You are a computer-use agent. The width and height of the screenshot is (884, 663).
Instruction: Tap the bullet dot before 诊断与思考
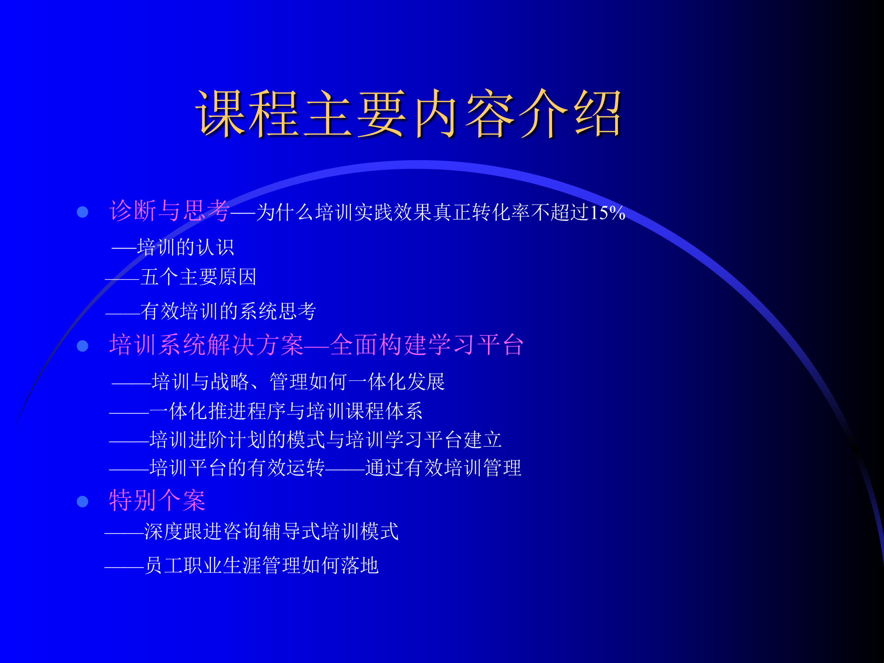coord(82,212)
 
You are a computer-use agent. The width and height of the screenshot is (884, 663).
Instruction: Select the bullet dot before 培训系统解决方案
coord(82,345)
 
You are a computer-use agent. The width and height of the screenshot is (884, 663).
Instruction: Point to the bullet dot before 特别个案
coord(82,501)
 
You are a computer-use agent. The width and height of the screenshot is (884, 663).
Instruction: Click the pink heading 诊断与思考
coord(169,211)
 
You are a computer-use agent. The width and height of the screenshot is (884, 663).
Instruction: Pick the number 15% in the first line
coord(607,213)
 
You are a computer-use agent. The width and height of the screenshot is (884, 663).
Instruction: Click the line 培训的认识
coord(186,248)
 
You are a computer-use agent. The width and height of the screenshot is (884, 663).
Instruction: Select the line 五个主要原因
coord(198,277)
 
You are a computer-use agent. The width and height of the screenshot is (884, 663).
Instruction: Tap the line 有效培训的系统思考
coord(228,311)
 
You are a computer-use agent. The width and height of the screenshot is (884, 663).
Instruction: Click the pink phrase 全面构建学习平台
coord(427,344)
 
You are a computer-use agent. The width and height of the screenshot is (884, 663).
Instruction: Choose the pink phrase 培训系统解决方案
coord(206,344)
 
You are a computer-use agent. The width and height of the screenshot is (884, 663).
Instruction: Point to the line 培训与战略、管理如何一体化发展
coord(298,382)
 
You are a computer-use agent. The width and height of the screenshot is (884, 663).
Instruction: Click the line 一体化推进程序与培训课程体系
coord(286,411)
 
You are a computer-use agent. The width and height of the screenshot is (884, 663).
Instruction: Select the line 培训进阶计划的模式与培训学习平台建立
coord(326,440)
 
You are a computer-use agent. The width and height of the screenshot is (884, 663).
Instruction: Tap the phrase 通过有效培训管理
coord(443,468)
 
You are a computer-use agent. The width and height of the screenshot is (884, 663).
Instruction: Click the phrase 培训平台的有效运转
coord(237,468)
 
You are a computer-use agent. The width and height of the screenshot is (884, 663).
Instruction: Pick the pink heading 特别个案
coord(157,500)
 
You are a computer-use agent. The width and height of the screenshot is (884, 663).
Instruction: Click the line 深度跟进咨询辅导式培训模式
coord(271,531)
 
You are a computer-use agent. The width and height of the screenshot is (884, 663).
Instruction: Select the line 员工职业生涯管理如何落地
coord(262,565)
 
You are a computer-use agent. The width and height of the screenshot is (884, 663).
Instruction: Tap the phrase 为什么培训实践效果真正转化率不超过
coord(422,213)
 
